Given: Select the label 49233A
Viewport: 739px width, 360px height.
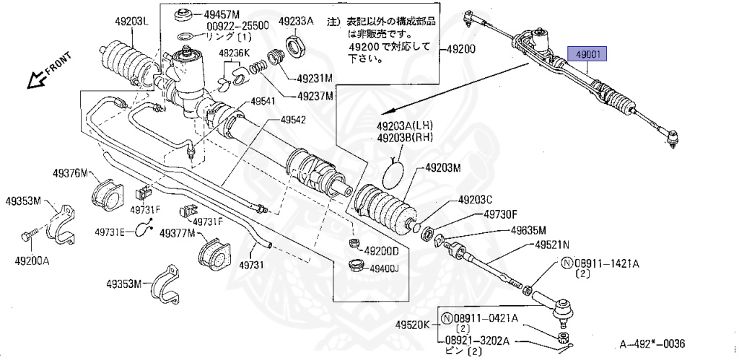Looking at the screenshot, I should tap(297, 22).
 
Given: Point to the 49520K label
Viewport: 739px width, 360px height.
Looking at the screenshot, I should tap(413, 324).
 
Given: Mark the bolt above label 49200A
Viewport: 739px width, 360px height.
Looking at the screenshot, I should tap(26, 235).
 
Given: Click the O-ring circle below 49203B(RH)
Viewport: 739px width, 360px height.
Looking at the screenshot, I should tap(394, 172).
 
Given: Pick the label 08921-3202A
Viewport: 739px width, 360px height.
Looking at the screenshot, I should tap(476, 341).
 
